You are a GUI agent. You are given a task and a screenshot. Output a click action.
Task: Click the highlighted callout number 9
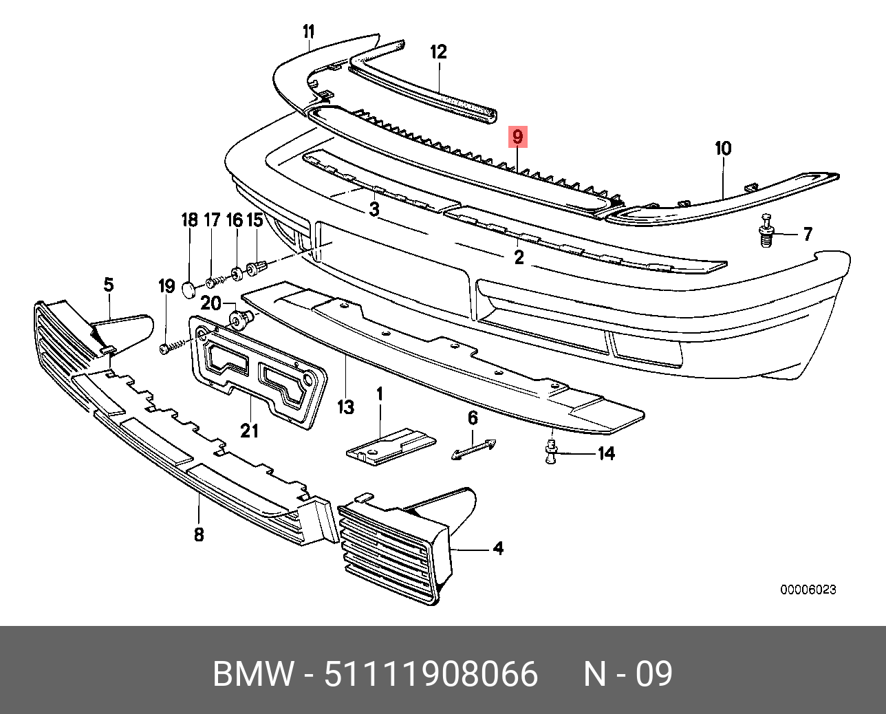click(x=517, y=137)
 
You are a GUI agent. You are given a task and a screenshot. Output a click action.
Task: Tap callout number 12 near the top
click(x=438, y=52)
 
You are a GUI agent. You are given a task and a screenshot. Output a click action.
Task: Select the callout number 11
click(x=308, y=32)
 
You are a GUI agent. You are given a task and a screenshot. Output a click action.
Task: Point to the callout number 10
click(x=723, y=149)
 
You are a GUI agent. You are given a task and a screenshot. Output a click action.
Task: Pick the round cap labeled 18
click(x=190, y=287)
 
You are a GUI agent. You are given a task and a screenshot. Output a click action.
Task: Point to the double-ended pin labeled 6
click(x=474, y=448)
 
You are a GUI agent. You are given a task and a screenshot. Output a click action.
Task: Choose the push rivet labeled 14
click(x=551, y=453)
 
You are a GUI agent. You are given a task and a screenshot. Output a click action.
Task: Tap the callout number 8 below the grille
click(x=199, y=534)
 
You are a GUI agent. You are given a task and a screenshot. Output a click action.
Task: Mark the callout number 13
click(x=345, y=407)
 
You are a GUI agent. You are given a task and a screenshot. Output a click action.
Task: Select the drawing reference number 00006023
click(x=808, y=589)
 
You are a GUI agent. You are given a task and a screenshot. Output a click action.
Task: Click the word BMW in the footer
click(x=253, y=673)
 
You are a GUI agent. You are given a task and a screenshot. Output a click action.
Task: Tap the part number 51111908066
click(x=431, y=673)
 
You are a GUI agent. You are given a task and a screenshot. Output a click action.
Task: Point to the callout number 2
click(x=519, y=257)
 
